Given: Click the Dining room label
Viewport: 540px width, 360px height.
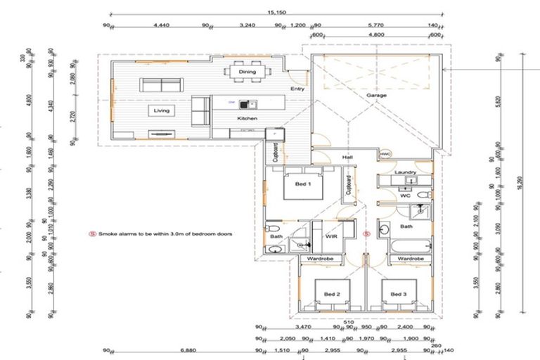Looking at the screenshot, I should (x=247, y=72).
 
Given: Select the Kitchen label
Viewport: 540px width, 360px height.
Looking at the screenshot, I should (x=247, y=119).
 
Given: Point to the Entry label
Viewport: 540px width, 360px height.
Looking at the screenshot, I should (x=297, y=89).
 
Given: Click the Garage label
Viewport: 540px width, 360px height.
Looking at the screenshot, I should (x=376, y=95).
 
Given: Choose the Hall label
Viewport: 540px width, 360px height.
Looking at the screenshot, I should (x=347, y=157).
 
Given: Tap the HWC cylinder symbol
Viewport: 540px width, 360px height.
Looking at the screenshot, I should (x=385, y=154).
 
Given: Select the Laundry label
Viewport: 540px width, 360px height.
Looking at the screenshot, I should (x=406, y=172).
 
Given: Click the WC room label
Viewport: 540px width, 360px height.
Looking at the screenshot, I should (x=405, y=196).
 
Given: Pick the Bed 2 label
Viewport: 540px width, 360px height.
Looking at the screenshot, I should (x=332, y=294).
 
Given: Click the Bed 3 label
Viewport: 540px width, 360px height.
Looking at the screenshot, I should (x=399, y=294).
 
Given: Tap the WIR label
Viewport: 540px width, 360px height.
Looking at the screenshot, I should (x=333, y=238).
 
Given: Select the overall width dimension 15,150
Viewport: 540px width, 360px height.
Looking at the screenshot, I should (x=275, y=12).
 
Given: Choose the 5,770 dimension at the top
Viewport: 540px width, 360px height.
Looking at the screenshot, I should (x=376, y=25).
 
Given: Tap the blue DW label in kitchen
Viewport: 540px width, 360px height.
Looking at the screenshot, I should (x=231, y=103).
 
